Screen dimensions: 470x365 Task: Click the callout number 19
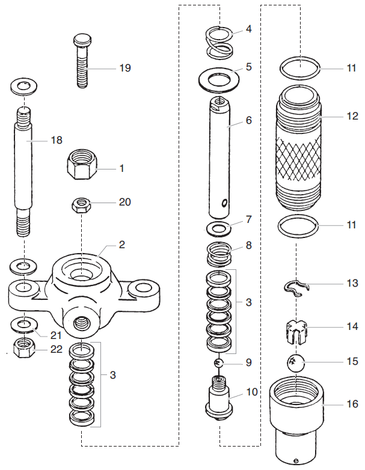tap(124, 68)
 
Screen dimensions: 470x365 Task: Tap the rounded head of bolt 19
tap(82, 40)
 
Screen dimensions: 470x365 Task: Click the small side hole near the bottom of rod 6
tap(224, 204)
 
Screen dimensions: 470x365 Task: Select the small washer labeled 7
tap(220, 228)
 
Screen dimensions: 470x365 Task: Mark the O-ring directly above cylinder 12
tap(299, 68)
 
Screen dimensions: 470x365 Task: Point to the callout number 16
tap(352, 403)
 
